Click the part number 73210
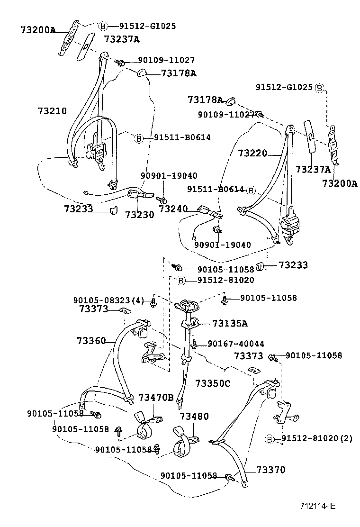point(52,111)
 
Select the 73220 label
point(252,153)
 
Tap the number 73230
point(140,214)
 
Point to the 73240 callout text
point(173,209)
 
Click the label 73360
point(90,340)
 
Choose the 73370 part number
point(271,470)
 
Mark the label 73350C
point(213,383)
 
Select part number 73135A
point(230,324)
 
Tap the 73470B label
point(156,397)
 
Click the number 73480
point(194,416)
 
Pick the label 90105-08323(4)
point(108,300)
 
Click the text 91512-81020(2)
point(317,439)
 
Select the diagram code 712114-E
point(317,506)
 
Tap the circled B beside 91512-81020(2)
point(270,439)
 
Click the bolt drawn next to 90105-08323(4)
point(153,302)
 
